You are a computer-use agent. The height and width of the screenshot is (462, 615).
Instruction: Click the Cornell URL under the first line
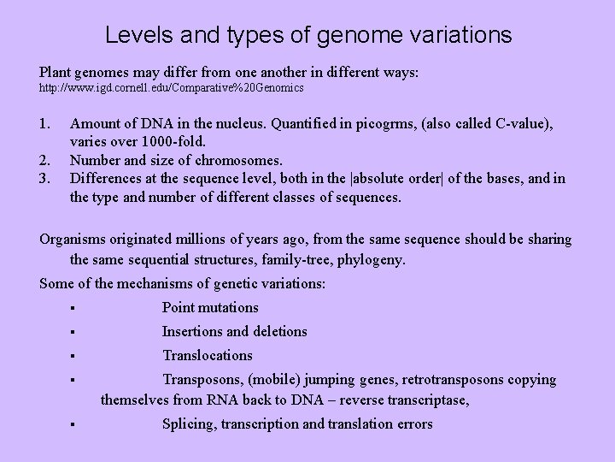[172, 88]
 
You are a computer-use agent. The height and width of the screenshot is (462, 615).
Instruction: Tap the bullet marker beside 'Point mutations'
[76, 308]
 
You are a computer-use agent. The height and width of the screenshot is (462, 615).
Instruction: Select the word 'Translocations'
[208, 355]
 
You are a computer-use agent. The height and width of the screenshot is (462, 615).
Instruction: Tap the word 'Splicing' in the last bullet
[188, 423]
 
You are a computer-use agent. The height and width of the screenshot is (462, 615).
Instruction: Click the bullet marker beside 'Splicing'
[76, 424]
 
